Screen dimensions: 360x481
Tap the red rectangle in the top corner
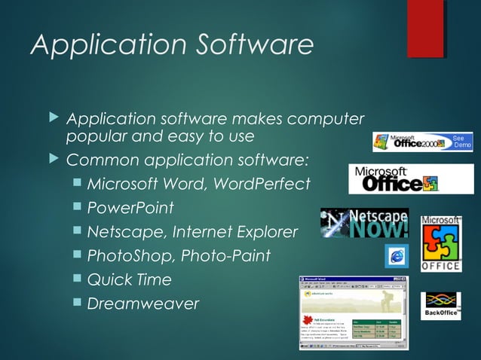(425, 28)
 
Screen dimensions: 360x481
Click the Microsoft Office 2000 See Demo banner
(424, 142)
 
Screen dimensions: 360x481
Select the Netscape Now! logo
(365, 223)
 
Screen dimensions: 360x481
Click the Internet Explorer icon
(397, 256)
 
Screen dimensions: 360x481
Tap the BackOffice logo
(441, 305)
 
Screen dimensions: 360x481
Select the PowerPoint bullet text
(130, 207)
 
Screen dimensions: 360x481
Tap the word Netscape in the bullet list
(121, 231)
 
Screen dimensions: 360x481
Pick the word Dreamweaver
(143, 304)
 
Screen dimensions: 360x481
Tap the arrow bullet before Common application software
(52, 160)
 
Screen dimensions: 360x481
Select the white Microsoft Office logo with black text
(394, 178)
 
